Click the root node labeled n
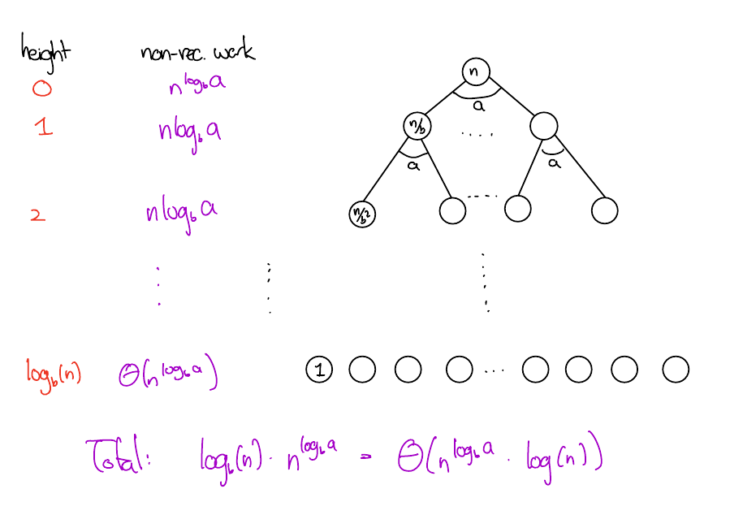(476, 71)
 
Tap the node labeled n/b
(417, 126)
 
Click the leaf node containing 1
(319, 370)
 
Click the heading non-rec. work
(197, 53)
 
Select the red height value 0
(41, 87)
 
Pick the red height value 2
(37, 215)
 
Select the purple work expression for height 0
(192, 85)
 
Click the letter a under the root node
(479, 105)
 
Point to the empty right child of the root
(542, 126)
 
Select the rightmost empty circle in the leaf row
(675, 370)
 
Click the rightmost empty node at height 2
(604, 211)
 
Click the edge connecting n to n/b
(447, 97)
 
